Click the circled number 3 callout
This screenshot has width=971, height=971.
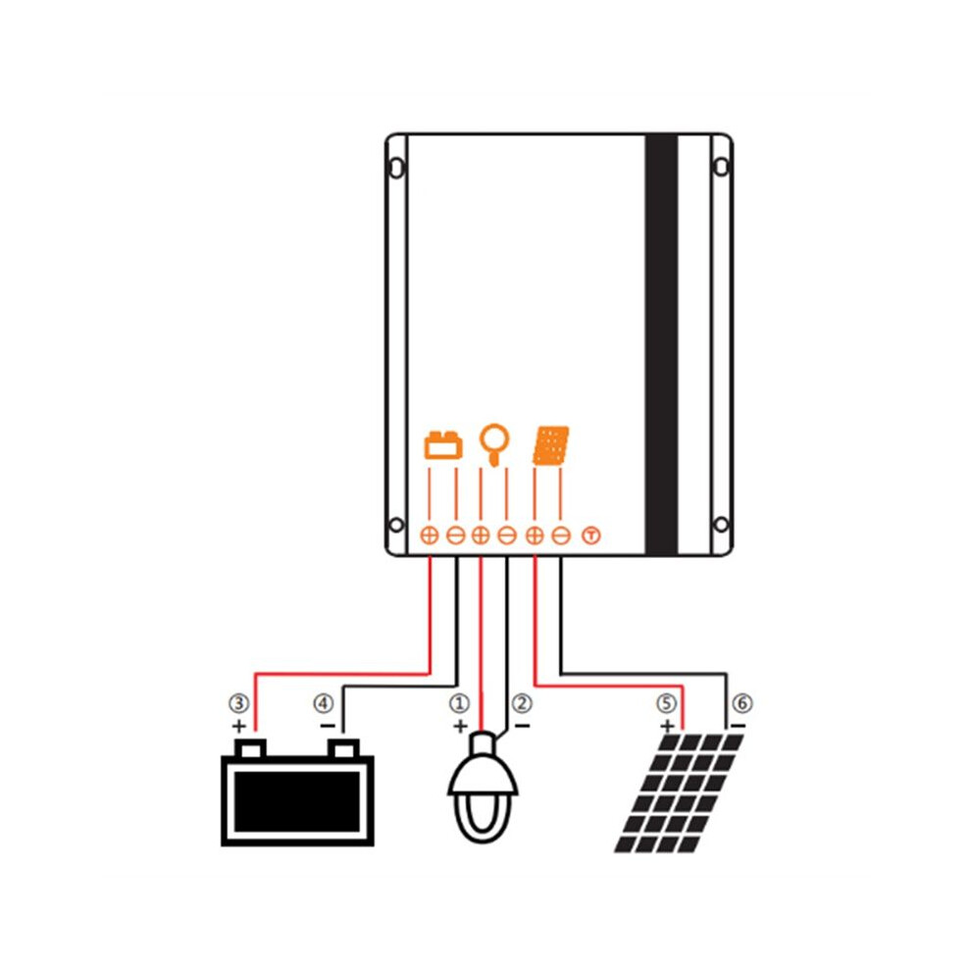239,703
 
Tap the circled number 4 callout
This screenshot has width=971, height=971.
324,703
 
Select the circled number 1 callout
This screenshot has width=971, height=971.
459,703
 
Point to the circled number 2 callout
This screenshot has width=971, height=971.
522,703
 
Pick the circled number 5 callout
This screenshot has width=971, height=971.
666,703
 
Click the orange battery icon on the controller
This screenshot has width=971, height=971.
442,445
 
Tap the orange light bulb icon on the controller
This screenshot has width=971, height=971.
494,444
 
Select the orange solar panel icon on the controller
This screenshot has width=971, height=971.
551,445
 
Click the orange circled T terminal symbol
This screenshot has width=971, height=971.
591,536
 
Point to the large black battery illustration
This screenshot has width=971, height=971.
298,792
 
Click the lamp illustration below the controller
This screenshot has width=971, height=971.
483,788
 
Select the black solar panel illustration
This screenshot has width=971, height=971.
679,793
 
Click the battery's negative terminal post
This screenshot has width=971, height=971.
343,748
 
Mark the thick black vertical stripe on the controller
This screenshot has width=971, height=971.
661,344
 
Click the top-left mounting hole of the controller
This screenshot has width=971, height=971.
396,167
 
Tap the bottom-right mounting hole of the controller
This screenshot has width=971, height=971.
721,525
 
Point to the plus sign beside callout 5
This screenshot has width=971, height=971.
667,726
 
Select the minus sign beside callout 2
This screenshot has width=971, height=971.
523,725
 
